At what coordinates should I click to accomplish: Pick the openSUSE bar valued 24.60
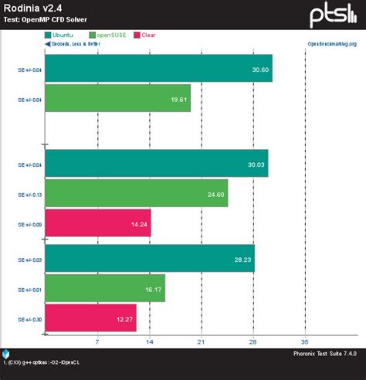coord(137,194)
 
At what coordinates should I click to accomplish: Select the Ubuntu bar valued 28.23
coord(150,259)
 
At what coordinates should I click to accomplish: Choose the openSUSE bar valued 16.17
coord(105,288)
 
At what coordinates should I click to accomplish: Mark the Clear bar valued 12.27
coord(91,317)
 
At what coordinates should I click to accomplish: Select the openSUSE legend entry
coord(111,35)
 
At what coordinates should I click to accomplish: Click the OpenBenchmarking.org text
coord(332,44)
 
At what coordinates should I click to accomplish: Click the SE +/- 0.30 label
coord(29,318)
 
